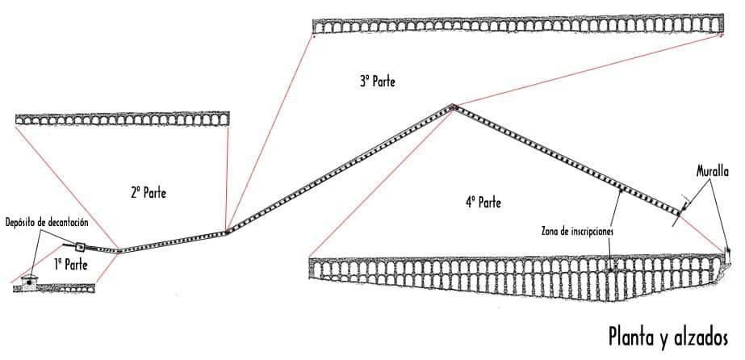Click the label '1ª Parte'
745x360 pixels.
click(71, 263)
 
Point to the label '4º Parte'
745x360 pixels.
click(483, 203)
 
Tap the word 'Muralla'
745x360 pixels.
click(713, 171)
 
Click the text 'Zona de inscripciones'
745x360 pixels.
click(576, 230)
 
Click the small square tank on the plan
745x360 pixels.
click(80, 247)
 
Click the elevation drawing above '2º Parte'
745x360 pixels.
click(121, 119)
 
